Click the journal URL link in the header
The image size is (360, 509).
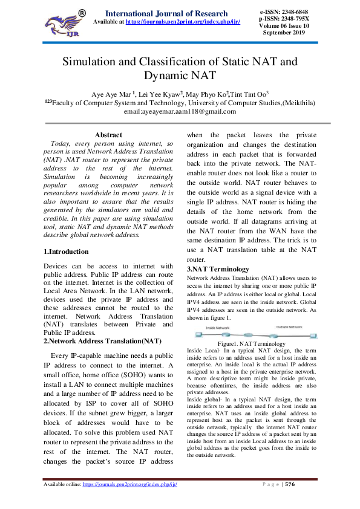(183, 22)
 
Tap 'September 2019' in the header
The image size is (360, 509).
(283, 33)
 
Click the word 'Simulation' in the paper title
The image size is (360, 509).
(97, 62)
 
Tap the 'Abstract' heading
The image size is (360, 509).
(108, 135)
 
